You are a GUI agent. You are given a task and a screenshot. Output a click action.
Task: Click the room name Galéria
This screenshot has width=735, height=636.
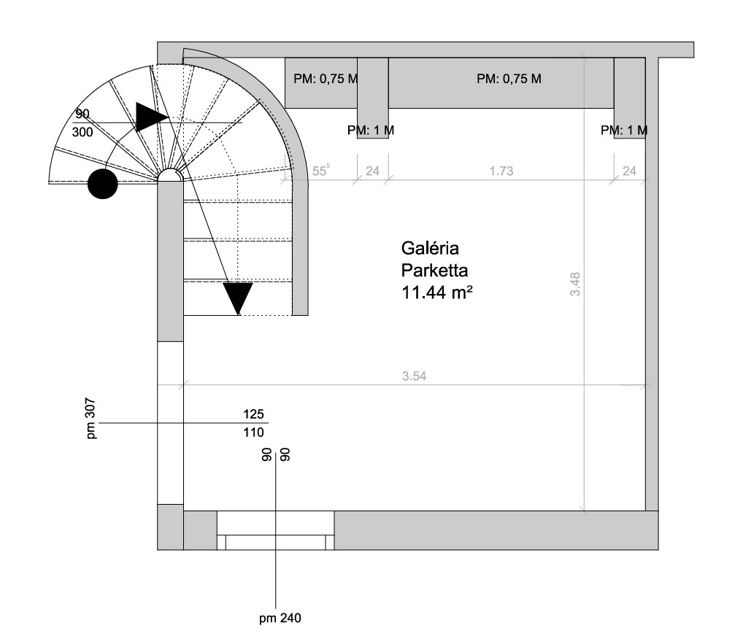pyautogui.click(x=430, y=248)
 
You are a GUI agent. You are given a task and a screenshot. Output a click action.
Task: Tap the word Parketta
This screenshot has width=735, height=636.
pyautogui.click(x=434, y=271)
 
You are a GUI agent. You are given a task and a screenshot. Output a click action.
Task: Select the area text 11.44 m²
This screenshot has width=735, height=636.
pyautogui.click(x=437, y=292)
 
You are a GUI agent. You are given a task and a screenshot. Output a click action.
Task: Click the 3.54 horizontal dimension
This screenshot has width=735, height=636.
pyautogui.click(x=415, y=376)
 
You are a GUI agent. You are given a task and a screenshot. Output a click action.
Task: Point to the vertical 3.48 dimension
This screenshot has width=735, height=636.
pyautogui.click(x=575, y=284)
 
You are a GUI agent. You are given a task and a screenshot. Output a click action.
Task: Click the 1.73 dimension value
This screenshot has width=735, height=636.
pyautogui.click(x=501, y=171)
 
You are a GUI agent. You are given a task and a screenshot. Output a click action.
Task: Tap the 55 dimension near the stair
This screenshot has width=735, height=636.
pyautogui.click(x=321, y=171)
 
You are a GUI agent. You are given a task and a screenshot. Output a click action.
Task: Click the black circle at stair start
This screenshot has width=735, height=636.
pyautogui.click(x=103, y=184)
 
